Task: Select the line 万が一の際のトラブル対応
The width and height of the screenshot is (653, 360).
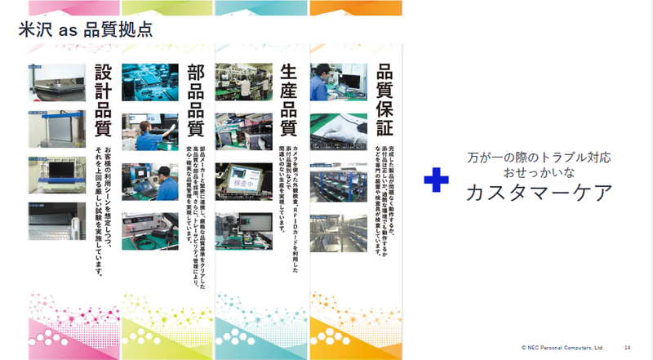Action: click(539, 156)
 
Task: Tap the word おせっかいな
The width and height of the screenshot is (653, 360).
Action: click(539, 172)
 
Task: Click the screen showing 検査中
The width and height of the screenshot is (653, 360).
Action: click(243, 181)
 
